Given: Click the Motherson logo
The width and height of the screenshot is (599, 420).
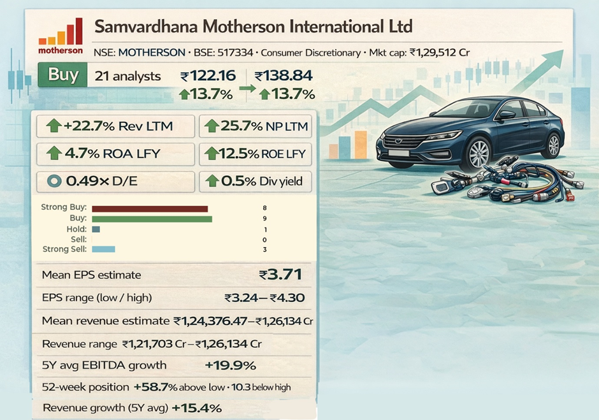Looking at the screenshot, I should pyautogui.click(x=61, y=36).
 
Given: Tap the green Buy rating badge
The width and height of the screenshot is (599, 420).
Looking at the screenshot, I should pyautogui.click(x=63, y=75).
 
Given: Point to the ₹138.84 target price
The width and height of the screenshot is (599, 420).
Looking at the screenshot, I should pyautogui.click(x=284, y=76).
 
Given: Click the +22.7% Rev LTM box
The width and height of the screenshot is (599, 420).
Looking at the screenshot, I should pyautogui.click(x=115, y=126).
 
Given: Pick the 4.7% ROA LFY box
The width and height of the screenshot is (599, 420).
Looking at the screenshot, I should pyautogui.click(x=115, y=154).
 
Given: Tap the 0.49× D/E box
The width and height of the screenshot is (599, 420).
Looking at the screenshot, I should pyautogui.click(x=115, y=181).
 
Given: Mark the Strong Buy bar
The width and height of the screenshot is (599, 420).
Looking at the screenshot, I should pyautogui.click(x=150, y=208).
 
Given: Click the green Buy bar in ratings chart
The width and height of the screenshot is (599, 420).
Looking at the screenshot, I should pyautogui.click(x=152, y=219).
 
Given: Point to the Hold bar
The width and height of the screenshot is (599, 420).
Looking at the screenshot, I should pyautogui.click(x=96, y=229).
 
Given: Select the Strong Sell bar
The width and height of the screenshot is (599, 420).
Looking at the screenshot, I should pyautogui.click(x=103, y=249).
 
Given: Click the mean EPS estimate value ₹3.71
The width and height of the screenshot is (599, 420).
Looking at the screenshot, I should pyautogui.click(x=280, y=275).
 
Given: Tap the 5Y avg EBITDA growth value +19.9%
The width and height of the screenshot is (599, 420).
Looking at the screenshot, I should pyautogui.click(x=231, y=365).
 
